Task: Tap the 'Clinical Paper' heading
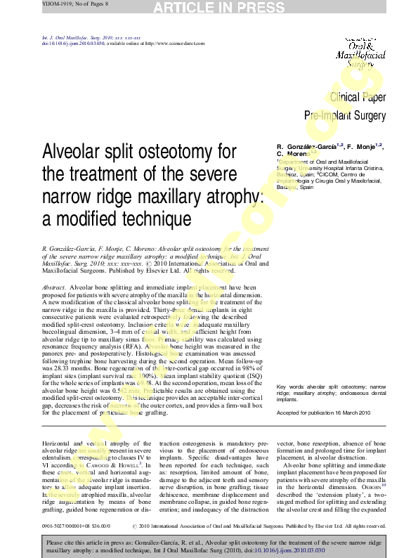(358, 98)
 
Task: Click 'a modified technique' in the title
(117, 219)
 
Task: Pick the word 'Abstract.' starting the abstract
(54, 288)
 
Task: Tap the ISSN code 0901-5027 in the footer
(58, 525)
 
